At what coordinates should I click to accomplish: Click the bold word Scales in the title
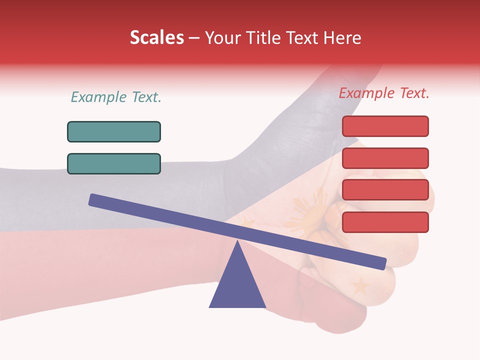pyautogui.click(x=156, y=38)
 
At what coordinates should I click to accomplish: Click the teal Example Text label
pyautogui.click(x=116, y=97)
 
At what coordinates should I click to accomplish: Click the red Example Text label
pyautogui.click(x=384, y=93)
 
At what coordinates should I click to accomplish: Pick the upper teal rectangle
pyautogui.click(x=114, y=131)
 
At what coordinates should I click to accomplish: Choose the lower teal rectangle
pyautogui.click(x=114, y=163)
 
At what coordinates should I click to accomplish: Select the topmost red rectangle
pyautogui.click(x=385, y=126)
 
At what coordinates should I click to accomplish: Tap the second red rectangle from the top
pyautogui.click(x=385, y=158)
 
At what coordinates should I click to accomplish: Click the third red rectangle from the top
pyautogui.click(x=385, y=190)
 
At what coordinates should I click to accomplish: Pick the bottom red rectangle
pyautogui.click(x=385, y=222)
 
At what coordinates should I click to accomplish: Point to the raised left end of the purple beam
pyautogui.click(x=93, y=199)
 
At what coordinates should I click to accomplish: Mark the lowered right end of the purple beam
pyautogui.click(x=382, y=263)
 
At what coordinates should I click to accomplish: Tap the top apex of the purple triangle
pyautogui.click(x=237, y=243)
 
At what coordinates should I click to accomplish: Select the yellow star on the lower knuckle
pyautogui.click(x=360, y=286)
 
